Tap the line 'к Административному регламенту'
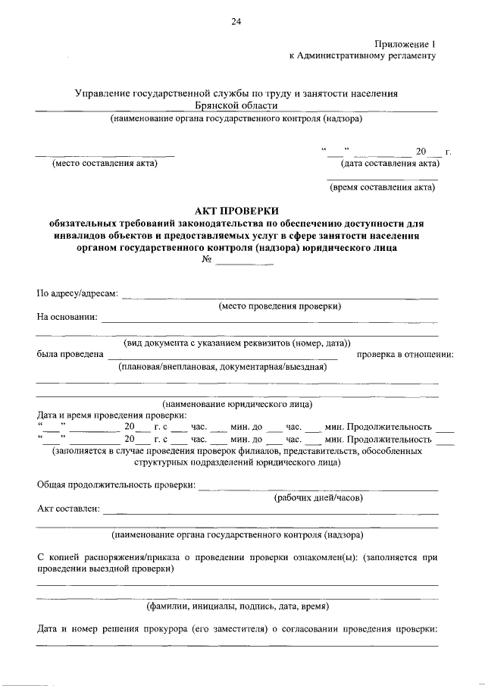363,56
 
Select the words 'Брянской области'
236,106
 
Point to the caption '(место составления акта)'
104,163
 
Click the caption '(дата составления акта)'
390,163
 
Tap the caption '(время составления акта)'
383,188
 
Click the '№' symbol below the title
205,260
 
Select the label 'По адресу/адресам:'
77,294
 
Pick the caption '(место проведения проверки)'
280,305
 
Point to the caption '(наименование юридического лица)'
237,404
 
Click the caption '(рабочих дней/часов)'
318,497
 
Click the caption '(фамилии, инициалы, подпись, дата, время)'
237,606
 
